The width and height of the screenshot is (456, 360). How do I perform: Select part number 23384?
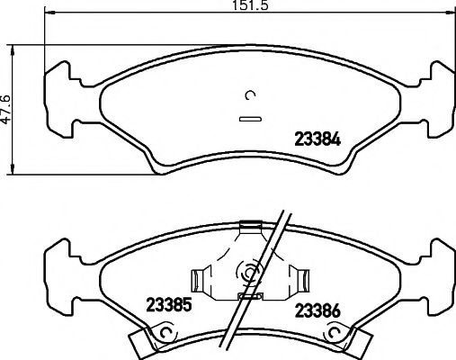click(317, 139)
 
